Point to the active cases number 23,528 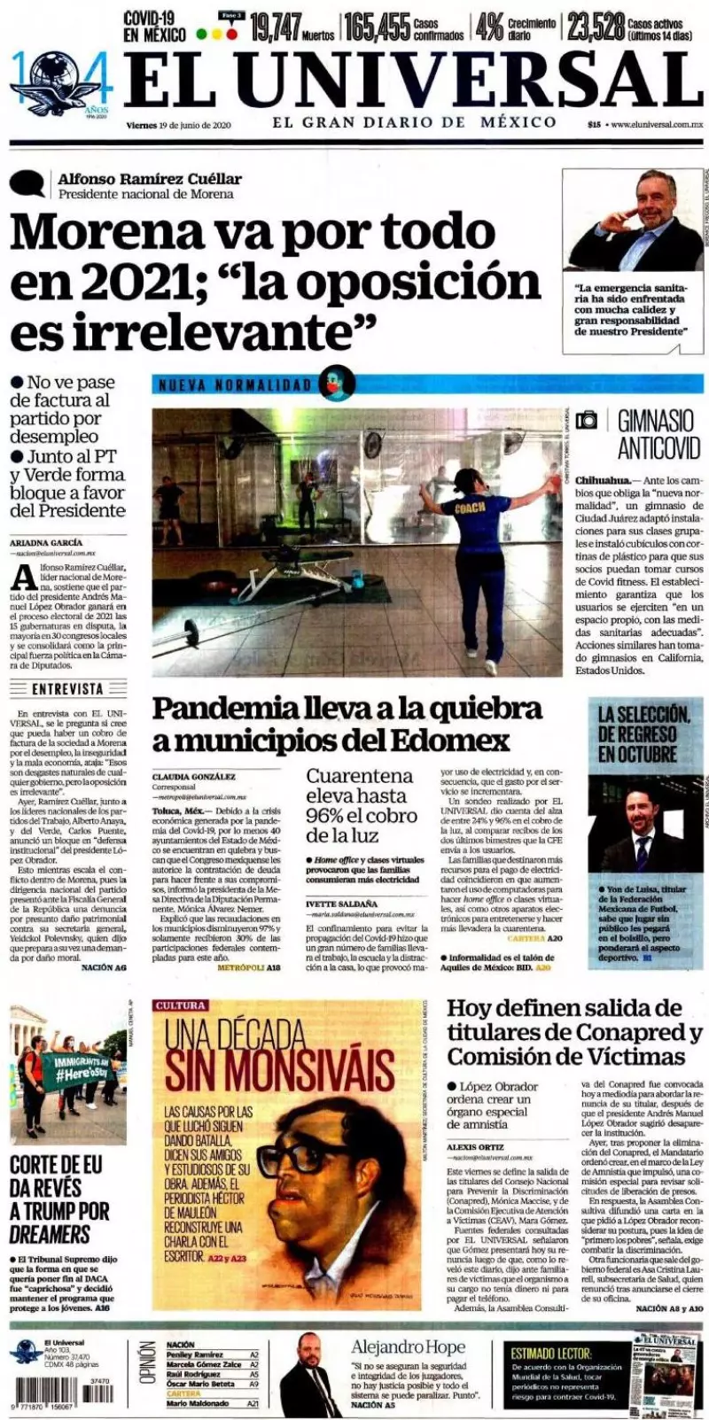(x=596, y=27)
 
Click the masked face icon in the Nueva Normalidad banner (x=336, y=383)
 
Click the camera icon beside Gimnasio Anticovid (x=587, y=420)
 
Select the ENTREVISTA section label (x=67, y=688)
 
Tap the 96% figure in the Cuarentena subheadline (x=326, y=816)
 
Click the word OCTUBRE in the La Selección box (x=636, y=755)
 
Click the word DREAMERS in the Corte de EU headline (x=50, y=1234)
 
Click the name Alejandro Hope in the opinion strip (x=407, y=1347)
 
